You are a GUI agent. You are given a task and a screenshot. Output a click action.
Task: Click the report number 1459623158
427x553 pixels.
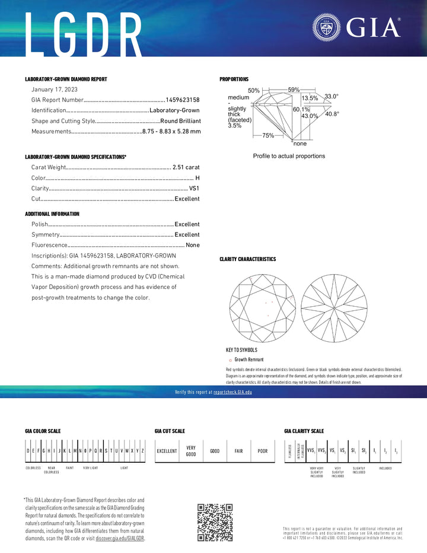tap(183, 100)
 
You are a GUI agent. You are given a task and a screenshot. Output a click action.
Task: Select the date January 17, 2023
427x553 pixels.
tap(54, 89)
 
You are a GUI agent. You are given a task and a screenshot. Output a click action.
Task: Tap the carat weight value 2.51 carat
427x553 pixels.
tap(186, 167)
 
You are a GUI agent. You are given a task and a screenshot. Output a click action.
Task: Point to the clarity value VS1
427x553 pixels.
tap(195, 188)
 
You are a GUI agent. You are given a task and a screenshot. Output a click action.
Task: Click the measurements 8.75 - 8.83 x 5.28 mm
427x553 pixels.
tap(171, 131)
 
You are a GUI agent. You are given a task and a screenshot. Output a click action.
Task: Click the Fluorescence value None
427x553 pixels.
tap(193, 245)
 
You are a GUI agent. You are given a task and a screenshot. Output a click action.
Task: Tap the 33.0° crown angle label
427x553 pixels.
tap(331, 96)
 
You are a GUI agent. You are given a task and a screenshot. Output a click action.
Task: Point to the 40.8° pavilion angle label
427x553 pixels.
tap(332, 114)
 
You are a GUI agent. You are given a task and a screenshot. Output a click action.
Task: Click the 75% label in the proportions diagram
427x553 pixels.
tap(268, 135)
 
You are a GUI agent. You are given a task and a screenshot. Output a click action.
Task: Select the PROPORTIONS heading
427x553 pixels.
tap(234, 79)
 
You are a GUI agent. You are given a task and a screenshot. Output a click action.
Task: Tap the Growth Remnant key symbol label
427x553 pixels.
tap(248, 360)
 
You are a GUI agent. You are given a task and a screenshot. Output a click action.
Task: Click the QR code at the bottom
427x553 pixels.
tap(215, 522)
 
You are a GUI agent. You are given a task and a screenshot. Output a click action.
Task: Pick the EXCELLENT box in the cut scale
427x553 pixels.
tap(167, 451)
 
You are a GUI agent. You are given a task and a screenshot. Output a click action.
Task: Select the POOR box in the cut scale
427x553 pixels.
tap(262, 451)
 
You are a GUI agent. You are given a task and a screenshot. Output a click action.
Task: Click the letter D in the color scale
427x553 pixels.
tap(28, 451)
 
